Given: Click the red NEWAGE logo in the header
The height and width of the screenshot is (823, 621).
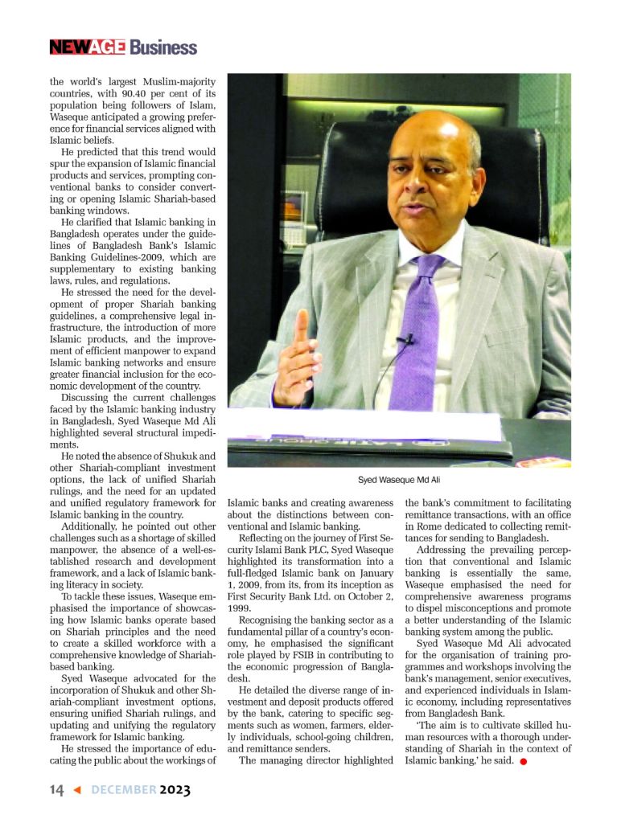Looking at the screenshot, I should pyautogui.click(x=87, y=47).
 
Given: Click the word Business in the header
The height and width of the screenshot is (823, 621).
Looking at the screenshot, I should pyautogui.click(x=163, y=47).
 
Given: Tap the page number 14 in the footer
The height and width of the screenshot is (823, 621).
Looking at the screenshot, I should pyautogui.click(x=56, y=790).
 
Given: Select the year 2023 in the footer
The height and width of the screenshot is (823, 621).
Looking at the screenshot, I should pyautogui.click(x=175, y=790).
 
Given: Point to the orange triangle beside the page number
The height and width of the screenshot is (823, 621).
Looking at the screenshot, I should pyautogui.click(x=77, y=790).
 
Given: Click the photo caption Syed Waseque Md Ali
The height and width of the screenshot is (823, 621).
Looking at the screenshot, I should pyautogui.click(x=399, y=480).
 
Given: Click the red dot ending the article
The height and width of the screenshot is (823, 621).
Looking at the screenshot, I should pyautogui.click(x=523, y=762).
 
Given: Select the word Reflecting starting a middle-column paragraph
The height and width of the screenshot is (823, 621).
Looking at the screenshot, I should pyautogui.click(x=266, y=538).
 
